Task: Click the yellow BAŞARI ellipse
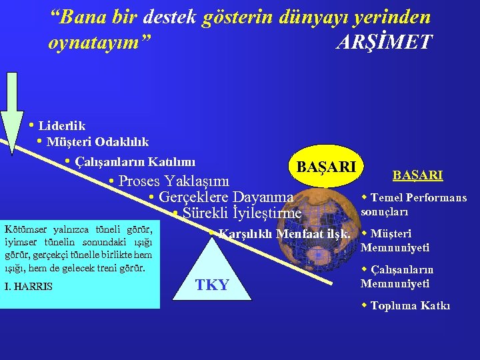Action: (326, 166)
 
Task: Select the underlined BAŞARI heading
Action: (417, 175)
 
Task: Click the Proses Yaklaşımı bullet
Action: (173, 181)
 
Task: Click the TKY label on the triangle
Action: (212, 285)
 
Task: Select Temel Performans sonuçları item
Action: (408, 205)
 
